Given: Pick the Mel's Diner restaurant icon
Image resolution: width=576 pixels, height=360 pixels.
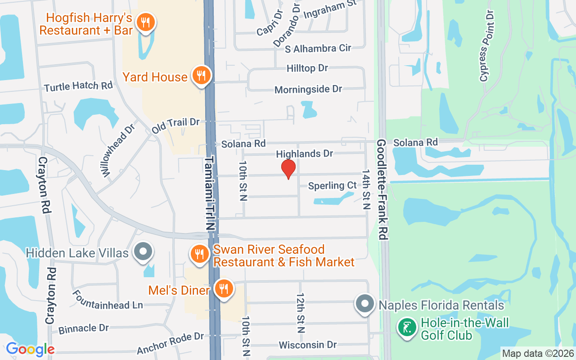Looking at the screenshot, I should [223, 288].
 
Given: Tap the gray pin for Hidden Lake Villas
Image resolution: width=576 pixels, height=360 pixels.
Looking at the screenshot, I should [144, 252].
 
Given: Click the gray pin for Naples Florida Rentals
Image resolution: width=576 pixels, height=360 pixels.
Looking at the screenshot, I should [365, 304].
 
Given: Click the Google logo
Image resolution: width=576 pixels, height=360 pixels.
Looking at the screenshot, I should [30, 349].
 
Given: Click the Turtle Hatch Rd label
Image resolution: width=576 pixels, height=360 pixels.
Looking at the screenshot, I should [78, 85].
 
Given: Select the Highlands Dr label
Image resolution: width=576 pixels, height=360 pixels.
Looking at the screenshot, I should [304, 154].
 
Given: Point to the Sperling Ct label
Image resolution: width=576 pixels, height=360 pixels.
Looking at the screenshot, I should [333, 185].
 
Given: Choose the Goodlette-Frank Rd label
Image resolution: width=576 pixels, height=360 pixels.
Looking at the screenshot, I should [382, 189].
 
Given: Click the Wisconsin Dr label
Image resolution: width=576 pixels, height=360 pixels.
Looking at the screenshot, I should [308, 345].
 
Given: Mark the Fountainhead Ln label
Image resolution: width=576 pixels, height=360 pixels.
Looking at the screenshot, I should [108, 300].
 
